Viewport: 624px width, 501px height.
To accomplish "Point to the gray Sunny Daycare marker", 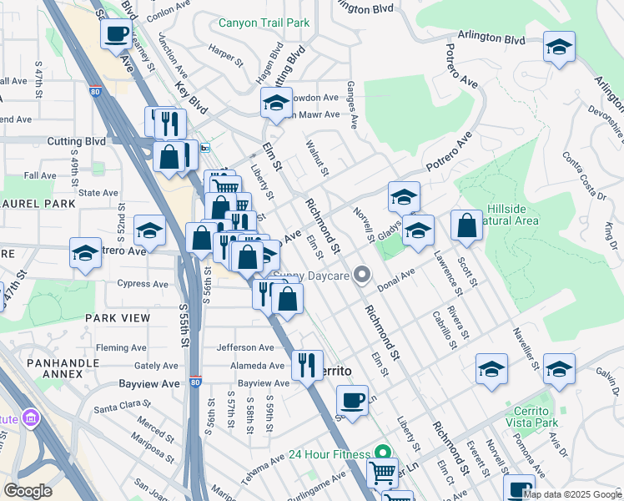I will pyautogui.click(x=361, y=274).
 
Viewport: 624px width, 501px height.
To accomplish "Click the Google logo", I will pyautogui.click(x=28, y=490).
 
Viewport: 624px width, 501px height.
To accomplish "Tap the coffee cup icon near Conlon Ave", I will pyautogui.click(x=115, y=34).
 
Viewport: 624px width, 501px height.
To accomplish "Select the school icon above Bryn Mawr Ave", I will pyautogui.click(x=276, y=103).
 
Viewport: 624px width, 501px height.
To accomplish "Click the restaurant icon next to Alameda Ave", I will pyautogui.click(x=307, y=365).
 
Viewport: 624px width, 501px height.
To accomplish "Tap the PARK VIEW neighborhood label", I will pyautogui.click(x=118, y=318).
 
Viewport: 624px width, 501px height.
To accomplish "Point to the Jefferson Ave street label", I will pyautogui.click(x=245, y=347).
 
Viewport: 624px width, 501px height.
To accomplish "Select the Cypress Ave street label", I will pyautogui.click(x=143, y=284).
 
